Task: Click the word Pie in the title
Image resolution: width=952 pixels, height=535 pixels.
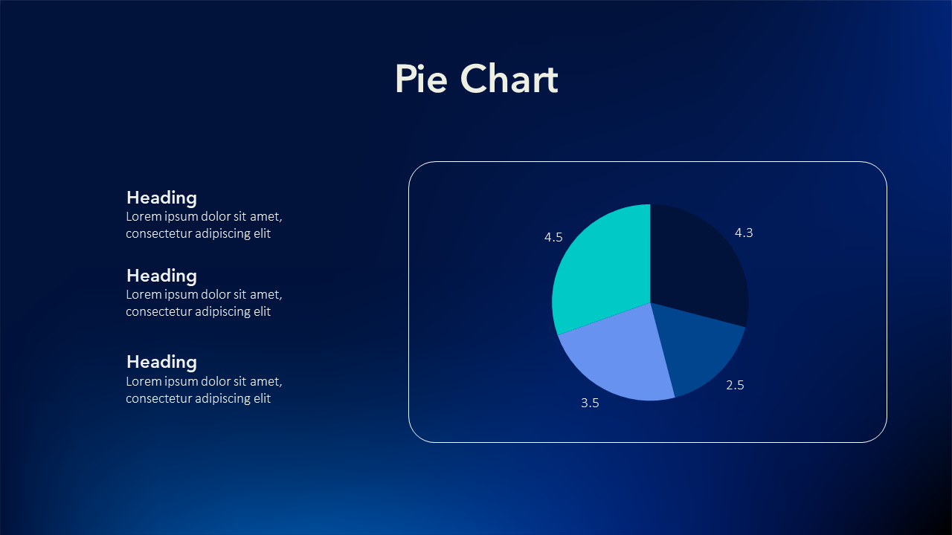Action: (421, 79)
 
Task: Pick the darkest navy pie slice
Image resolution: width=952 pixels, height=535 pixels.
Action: (697, 263)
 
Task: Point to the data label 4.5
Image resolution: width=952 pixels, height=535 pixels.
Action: (553, 237)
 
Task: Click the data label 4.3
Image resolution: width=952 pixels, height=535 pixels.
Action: (744, 233)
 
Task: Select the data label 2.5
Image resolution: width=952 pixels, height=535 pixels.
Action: (736, 385)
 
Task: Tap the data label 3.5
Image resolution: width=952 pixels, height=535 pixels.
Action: (590, 403)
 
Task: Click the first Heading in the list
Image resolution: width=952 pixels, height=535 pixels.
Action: (161, 198)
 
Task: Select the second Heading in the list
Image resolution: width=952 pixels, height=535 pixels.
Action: (161, 276)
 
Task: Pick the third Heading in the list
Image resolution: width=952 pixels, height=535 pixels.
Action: (161, 363)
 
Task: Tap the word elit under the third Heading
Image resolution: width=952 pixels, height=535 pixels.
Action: (263, 398)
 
